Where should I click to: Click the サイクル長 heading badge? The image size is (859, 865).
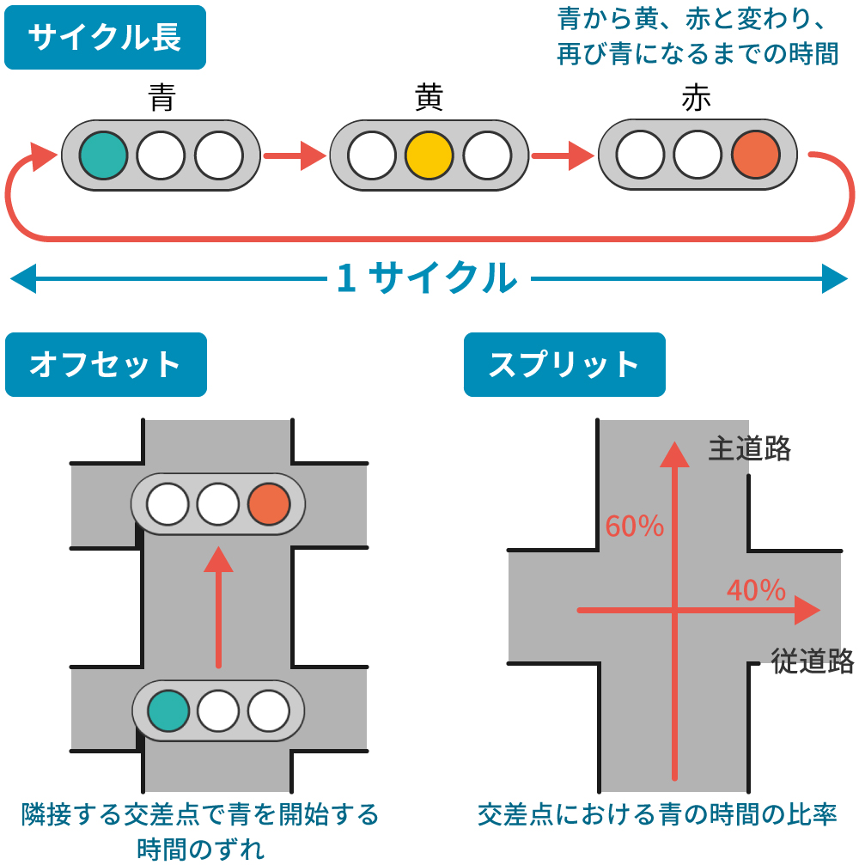105,38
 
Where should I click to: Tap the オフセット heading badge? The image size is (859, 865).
106,365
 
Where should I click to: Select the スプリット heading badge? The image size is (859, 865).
564,365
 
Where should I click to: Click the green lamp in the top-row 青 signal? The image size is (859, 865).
104,155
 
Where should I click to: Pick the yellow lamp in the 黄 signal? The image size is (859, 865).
429,155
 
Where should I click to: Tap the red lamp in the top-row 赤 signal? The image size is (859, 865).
755,155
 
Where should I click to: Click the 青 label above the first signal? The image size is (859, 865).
161,98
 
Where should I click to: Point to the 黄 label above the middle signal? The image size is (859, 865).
429,98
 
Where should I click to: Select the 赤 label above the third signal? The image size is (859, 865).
697,98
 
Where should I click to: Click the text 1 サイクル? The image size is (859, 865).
427,278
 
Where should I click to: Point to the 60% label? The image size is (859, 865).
635,526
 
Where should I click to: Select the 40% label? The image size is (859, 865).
756,590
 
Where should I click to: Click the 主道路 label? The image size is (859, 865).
749,449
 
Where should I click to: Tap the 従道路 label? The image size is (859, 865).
813,661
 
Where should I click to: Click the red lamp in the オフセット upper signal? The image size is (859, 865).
269,504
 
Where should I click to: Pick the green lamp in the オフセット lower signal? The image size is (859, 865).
168,710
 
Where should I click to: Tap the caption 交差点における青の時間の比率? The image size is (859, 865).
656,813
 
